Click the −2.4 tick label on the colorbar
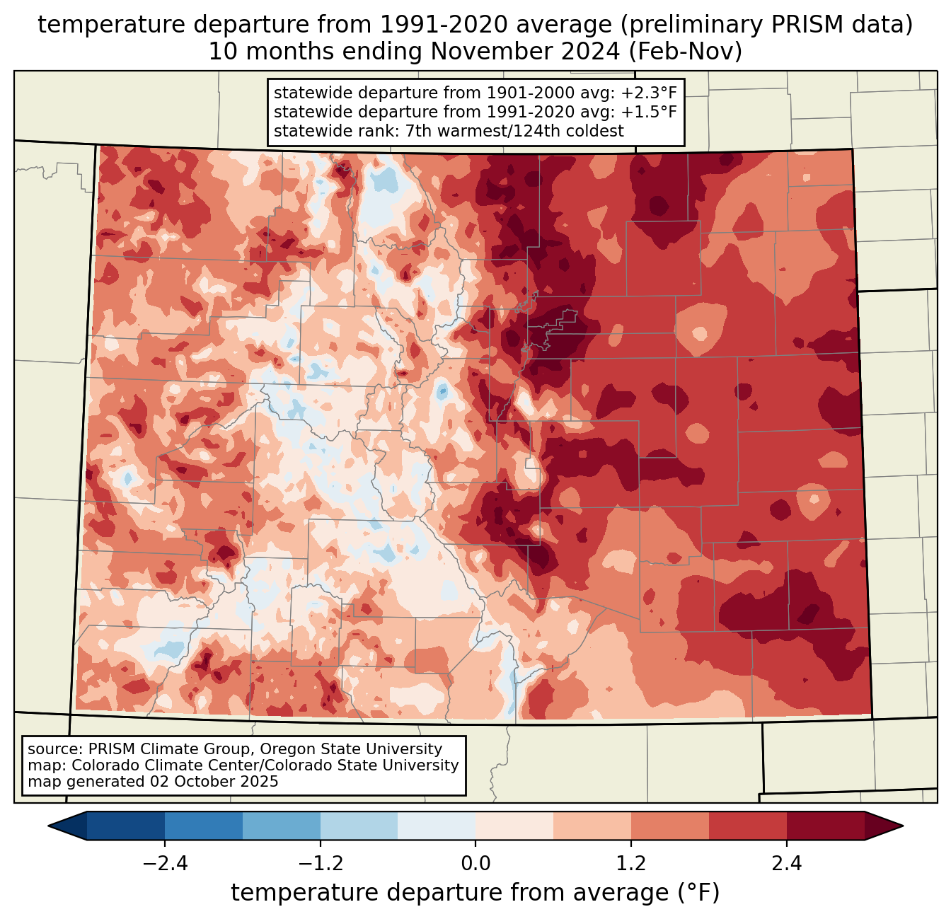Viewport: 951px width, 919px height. pyautogui.click(x=165, y=864)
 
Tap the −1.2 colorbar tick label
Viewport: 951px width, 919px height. pyautogui.click(x=321, y=864)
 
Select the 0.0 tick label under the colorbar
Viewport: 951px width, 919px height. pyautogui.click(x=475, y=864)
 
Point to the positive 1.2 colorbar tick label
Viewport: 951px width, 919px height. pyautogui.click(x=631, y=864)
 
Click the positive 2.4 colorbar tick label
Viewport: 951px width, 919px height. pyautogui.click(x=787, y=864)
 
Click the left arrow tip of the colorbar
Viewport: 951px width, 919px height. pyautogui.click(x=48, y=826)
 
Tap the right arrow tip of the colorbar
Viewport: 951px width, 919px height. pyautogui.click(x=903, y=826)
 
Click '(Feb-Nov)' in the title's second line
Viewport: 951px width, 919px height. pyautogui.click(x=685, y=52)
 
